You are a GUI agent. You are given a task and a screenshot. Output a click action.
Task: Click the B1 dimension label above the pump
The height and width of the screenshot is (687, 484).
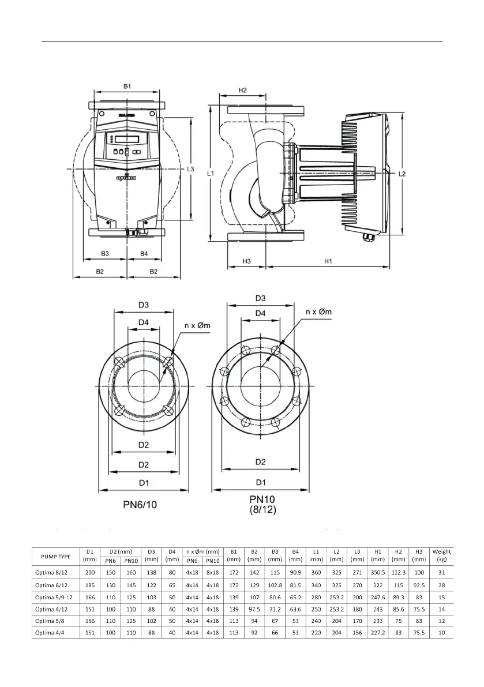(x=127, y=86)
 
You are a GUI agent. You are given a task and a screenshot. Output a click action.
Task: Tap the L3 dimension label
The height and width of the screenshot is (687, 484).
(x=192, y=169)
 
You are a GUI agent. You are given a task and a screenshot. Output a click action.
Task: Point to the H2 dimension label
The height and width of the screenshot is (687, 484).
(x=242, y=90)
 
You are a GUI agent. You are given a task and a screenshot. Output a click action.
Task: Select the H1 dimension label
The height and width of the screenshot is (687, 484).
(x=329, y=261)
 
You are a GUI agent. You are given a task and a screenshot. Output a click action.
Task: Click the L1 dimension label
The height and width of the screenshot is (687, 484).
(x=211, y=172)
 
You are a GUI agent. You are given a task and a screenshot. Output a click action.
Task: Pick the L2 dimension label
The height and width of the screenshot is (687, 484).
(x=403, y=173)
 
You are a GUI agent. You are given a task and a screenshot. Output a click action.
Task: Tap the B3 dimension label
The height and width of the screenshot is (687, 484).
(x=105, y=253)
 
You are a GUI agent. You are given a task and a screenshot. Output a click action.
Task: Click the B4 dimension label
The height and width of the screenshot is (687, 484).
(x=144, y=253)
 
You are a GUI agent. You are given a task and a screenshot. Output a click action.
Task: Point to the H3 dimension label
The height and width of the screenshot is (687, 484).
(x=246, y=261)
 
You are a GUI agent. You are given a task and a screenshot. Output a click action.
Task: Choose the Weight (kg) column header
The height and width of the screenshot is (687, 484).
(x=441, y=556)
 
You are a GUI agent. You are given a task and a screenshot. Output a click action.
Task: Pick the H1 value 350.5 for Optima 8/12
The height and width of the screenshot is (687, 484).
(x=377, y=572)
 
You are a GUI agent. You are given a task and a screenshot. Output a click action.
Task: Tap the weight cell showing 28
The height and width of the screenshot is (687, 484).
(x=441, y=584)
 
